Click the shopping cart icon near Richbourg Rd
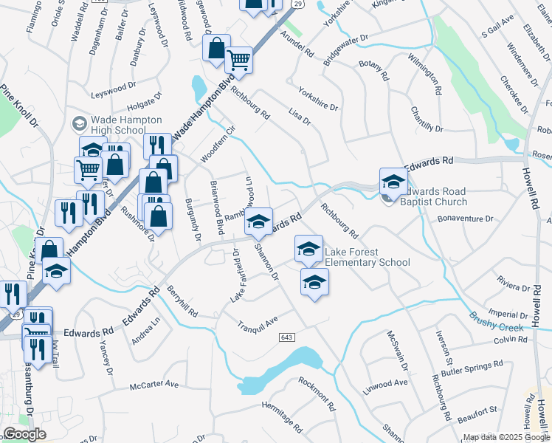(238, 59)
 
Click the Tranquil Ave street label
(256, 323)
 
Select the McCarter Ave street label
(154, 385)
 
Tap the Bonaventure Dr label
(465, 219)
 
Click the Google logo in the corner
(24, 434)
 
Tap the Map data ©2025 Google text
(506, 437)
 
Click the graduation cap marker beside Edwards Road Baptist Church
(393, 182)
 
